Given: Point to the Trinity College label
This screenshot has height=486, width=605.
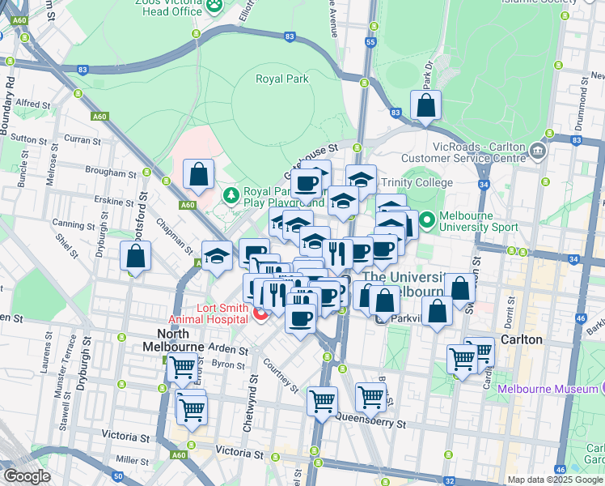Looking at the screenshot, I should [423, 183].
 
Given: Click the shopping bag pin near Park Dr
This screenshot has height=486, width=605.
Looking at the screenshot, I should [425, 105].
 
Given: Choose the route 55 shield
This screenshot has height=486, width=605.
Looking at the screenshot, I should [370, 40].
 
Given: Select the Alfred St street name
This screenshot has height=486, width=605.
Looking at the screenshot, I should [33, 104].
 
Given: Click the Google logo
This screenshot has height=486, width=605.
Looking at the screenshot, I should [27, 476].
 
